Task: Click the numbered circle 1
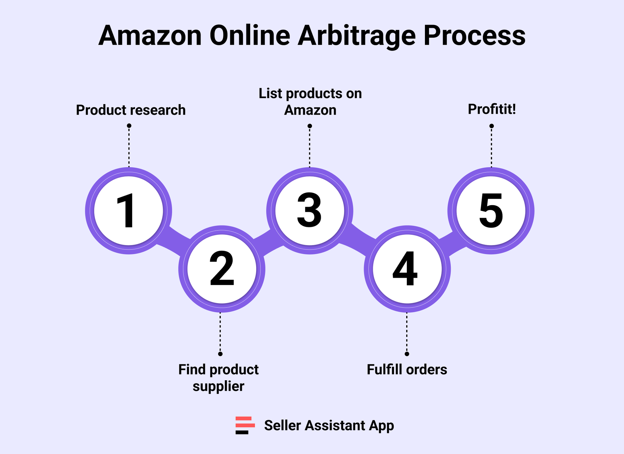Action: tap(129, 211)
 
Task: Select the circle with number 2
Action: tap(222, 269)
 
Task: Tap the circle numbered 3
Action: tap(310, 211)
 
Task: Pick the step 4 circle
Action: tap(407, 269)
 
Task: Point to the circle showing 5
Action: tap(491, 211)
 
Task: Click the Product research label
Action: tap(131, 110)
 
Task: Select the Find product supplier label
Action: tap(218, 378)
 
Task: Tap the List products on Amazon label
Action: tap(310, 102)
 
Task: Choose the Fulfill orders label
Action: tap(407, 370)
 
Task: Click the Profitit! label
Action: tap(492, 109)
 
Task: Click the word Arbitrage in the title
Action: tap(357, 36)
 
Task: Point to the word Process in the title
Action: tap(474, 36)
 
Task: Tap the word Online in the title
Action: tap(250, 36)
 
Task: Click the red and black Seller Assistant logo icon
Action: tap(245, 425)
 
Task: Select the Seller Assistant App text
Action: tap(329, 426)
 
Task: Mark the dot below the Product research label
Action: tap(129, 126)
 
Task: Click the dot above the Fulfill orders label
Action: tap(407, 354)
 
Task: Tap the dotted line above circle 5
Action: tap(491, 147)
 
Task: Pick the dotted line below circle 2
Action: tap(220, 333)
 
